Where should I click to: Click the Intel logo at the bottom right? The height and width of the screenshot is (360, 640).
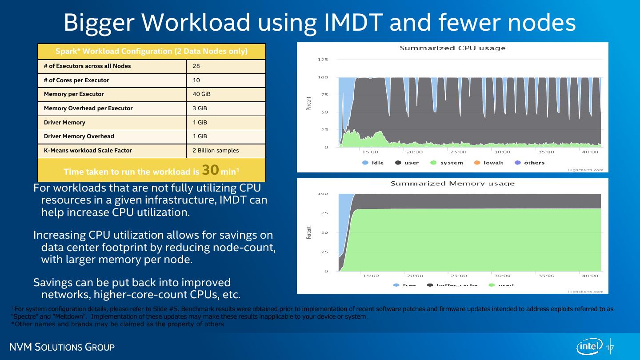point(590,347)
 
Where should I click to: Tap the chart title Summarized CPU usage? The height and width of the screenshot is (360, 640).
point(452,48)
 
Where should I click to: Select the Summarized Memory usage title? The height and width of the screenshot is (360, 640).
point(452,184)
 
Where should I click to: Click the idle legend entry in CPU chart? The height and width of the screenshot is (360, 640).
point(373,163)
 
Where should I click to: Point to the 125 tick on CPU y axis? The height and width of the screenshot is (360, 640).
point(323,60)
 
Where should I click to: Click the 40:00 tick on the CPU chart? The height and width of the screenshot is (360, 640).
point(590,152)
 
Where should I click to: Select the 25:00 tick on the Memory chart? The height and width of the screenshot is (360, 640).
point(458,276)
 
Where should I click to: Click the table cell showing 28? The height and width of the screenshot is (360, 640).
point(196,66)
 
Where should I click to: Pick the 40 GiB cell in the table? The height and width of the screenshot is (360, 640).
point(202,94)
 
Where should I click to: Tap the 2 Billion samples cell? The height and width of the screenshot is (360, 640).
point(216,151)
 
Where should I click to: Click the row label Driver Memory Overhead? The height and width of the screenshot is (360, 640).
point(79,136)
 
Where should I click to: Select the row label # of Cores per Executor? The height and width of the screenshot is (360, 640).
point(76,80)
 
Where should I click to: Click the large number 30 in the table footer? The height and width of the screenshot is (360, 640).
point(210,170)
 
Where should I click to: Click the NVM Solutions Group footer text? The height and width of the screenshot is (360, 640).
point(63,347)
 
